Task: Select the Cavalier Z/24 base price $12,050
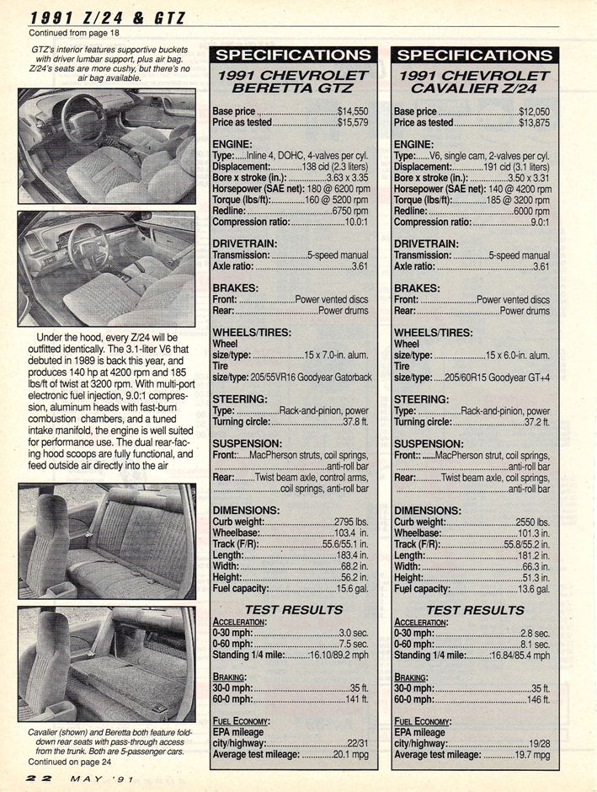(534, 110)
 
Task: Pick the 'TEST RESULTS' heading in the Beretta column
(292, 609)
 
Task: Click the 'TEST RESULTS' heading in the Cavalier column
(474, 609)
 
